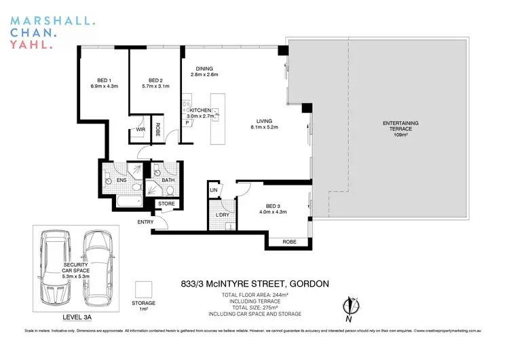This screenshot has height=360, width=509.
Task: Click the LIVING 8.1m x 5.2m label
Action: click(264, 123)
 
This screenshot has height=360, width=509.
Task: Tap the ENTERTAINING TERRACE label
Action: click(400, 126)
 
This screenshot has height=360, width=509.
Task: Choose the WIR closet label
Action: click(140, 129)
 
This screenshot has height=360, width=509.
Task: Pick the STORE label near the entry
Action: click(166, 203)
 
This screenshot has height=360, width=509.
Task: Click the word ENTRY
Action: click(145, 222)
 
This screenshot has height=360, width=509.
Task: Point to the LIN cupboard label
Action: click(213, 190)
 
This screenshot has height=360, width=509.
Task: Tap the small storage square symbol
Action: click(143, 289)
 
